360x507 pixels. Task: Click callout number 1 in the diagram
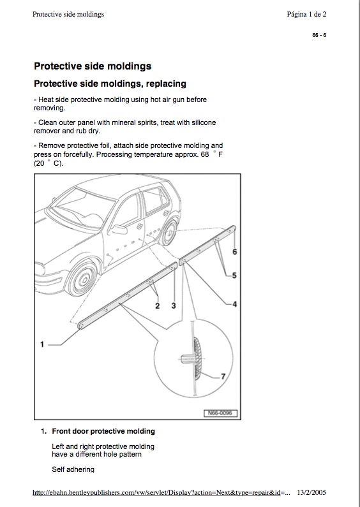[42, 344]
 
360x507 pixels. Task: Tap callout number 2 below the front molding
[157, 306]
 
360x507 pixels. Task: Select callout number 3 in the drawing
[174, 305]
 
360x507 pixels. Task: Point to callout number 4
[234, 304]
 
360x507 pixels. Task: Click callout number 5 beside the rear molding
[234, 276]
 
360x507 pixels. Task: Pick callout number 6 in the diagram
[234, 251]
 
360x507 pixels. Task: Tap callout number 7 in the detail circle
[223, 376]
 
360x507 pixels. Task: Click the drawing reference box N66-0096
[220, 413]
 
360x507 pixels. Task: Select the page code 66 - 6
[319, 35]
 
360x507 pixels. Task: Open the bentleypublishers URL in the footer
[161, 493]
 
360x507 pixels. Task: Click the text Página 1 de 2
[306, 14]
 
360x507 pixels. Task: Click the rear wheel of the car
[170, 233]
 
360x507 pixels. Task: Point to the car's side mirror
[119, 230]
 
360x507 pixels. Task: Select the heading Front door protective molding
[103, 431]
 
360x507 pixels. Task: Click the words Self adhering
[73, 469]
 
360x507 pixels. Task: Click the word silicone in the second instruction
[204, 122]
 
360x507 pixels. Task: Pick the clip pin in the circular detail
[186, 358]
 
